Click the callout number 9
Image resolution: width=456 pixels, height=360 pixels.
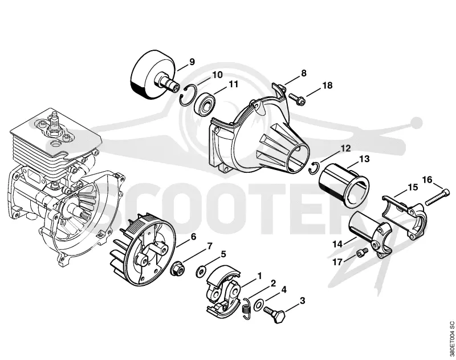[x=192, y=62]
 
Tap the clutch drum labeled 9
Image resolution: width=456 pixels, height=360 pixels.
[x=154, y=74]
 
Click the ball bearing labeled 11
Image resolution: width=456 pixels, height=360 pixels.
[x=205, y=104]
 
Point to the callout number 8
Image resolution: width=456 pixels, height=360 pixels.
[x=304, y=73]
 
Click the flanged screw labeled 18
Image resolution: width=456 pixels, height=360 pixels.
[x=296, y=99]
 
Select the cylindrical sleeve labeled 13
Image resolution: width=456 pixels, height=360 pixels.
[x=344, y=185]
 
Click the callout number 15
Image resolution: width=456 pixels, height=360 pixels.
[x=413, y=187]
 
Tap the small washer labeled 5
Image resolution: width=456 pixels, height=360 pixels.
[x=200, y=272]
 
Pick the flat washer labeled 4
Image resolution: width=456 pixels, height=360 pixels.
[x=258, y=305]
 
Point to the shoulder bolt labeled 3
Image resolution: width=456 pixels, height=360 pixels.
[x=275, y=315]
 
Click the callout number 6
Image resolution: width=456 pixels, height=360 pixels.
[x=193, y=237]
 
